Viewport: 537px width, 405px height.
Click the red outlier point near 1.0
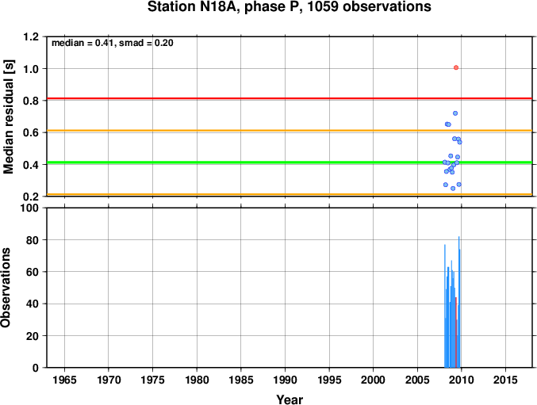pyautogui.click(x=456, y=67)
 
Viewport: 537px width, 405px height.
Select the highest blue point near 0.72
pyautogui.click(x=455, y=113)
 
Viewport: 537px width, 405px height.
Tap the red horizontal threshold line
pyautogui.click(x=290, y=98)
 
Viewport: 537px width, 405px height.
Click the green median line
pyautogui.click(x=290, y=162)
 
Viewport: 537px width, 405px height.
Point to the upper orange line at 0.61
pyautogui.click(x=290, y=130)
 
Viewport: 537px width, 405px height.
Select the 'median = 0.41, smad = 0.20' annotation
pyautogui.click(x=113, y=43)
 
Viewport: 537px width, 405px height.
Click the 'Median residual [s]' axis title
pyautogui.click(x=8, y=117)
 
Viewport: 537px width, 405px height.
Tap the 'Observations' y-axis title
pyautogui.click(x=6, y=288)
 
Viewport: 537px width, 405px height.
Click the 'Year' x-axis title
pyautogui.click(x=290, y=399)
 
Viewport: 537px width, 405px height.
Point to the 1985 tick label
pyautogui.click(x=241, y=380)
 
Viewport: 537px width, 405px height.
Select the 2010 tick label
pyautogui.click(x=462, y=380)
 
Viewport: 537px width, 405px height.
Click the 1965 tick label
pyautogui.click(x=64, y=380)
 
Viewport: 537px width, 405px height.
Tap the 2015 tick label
pyautogui.click(x=505, y=380)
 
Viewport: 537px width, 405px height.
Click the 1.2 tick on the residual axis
pyautogui.click(x=31, y=36)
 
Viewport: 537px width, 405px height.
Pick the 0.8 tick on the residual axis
pyautogui.click(x=31, y=101)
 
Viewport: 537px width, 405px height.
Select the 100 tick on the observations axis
pyautogui.click(x=30, y=208)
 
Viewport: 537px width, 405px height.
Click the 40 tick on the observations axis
pyautogui.click(x=33, y=304)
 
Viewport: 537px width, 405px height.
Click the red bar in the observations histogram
pyautogui.click(x=456, y=333)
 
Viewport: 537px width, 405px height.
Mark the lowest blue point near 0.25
pyautogui.click(x=453, y=189)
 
